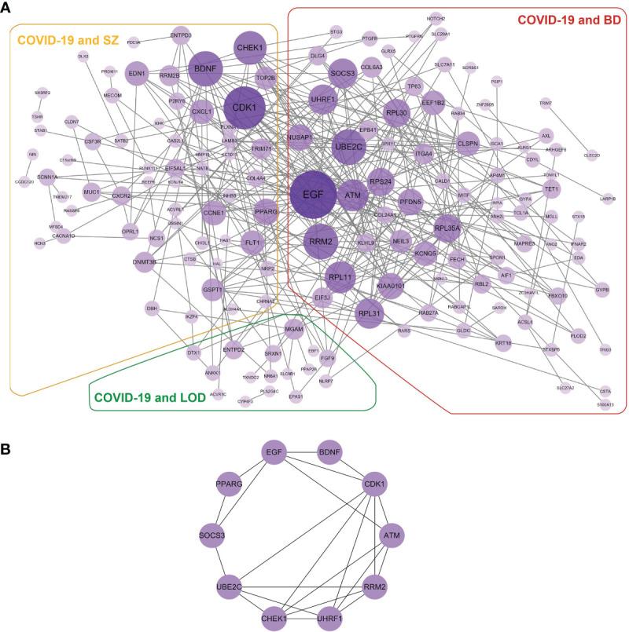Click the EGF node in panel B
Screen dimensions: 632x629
[x=274, y=453]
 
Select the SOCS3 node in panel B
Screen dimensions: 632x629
[x=212, y=535]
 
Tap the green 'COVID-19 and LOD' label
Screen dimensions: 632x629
[x=149, y=397]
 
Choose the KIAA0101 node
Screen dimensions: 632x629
[x=390, y=286]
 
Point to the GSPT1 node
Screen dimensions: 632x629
[x=213, y=289]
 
